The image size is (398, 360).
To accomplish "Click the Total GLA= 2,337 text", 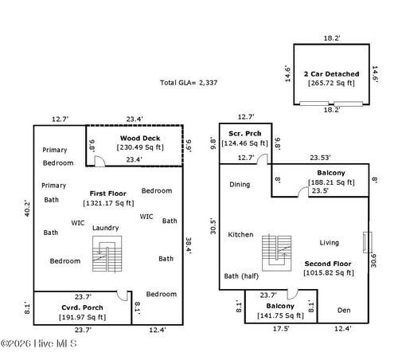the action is tap(189, 83).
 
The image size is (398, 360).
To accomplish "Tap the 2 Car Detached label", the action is tap(331, 74).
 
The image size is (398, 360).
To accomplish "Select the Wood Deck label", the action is tap(140, 139).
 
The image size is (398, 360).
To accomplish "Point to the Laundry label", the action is tap(106, 228).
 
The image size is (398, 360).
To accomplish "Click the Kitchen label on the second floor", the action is tap(240, 235).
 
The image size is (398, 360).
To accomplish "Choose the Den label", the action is tap(344, 311).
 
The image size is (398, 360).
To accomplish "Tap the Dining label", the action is tap(240, 185).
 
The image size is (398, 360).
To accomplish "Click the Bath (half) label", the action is tap(241, 276).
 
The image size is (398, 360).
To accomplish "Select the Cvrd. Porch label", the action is tap(82, 307).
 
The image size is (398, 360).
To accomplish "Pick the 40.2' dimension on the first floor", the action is tap(27, 209).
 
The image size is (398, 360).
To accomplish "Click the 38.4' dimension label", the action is tap(189, 245).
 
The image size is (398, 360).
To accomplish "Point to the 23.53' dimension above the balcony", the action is tap(320, 158).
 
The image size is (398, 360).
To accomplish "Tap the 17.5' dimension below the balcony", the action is tap(281, 329).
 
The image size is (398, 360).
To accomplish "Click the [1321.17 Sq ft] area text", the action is tap(108, 203).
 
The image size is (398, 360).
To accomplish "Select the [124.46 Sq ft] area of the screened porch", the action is tap(244, 143).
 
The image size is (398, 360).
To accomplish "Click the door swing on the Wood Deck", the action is tap(100, 161).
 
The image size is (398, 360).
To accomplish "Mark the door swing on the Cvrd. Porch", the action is tap(123, 296).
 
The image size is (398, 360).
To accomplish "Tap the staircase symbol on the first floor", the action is tap(107, 254).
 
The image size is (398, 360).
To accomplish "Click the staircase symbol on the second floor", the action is tap(276, 253).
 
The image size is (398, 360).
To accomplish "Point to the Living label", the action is tap(329, 243).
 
